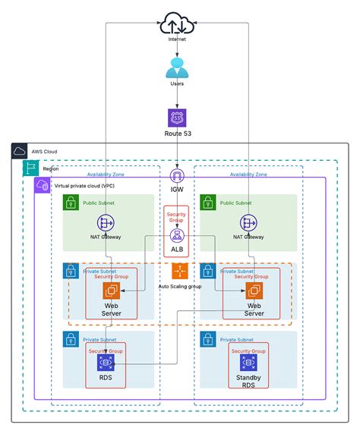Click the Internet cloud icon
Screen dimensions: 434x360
[176, 23]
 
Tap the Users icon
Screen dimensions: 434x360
[176, 68]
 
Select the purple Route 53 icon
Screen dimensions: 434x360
[177, 117]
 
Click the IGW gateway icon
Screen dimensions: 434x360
[178, 176]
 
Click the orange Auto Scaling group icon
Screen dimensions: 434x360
[179, 271]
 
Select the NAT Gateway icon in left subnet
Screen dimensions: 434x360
[106, 222]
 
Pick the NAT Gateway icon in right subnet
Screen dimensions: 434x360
[246, 222]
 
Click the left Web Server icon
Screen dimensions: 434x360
[111, 290]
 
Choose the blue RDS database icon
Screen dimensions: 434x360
[106, 363]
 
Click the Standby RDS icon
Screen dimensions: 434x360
[248, 363]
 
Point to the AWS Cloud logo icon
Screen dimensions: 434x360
[20, 152]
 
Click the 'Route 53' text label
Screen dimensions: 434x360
[177, 134]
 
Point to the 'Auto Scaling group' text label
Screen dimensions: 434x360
[180, 286]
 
